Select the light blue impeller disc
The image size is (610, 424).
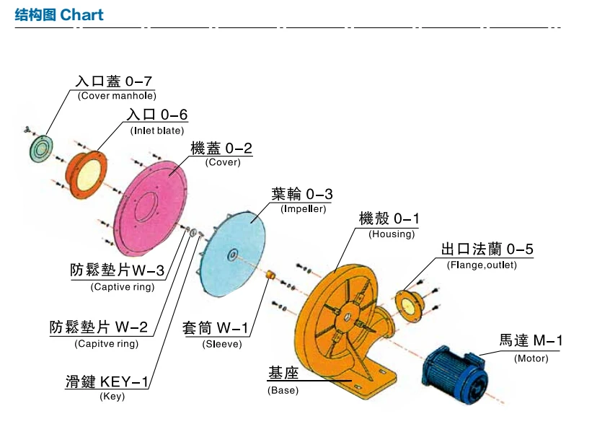pos(232,254)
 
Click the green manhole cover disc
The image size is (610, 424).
pos(41,149)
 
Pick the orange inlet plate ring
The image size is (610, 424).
pos(86,175)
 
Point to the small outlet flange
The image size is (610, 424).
pos(410,306)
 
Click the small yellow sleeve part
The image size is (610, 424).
pos(270,275)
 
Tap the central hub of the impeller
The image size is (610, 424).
pos(232,255)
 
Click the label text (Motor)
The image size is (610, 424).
pos(531,358)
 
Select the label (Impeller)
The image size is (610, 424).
pos(304,209)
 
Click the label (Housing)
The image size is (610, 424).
pos(392,234)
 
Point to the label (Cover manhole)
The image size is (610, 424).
pos(117,96)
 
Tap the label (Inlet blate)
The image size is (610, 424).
pos(157,131)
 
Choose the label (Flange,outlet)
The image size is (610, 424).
pos(482,265)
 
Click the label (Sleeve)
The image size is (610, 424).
pos(222,344)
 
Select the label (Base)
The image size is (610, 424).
pos(283,390)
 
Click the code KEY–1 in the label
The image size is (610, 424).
pos(125,381)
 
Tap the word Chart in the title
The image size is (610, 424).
pos(82,14)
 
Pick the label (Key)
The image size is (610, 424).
pos(112,397)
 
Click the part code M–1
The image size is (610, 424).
pos(548,341)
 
